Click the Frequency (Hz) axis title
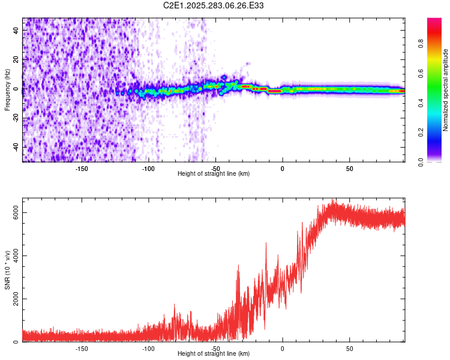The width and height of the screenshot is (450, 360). [7, 90]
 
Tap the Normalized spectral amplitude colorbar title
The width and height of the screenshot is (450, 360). [445, 90]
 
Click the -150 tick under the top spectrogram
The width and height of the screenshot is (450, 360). [82, 168]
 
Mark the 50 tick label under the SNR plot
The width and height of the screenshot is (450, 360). [349, 348]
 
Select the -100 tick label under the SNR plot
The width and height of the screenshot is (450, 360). [149, 348]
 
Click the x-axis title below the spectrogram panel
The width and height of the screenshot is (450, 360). [214, 174]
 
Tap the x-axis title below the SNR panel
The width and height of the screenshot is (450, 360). [214, 354]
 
